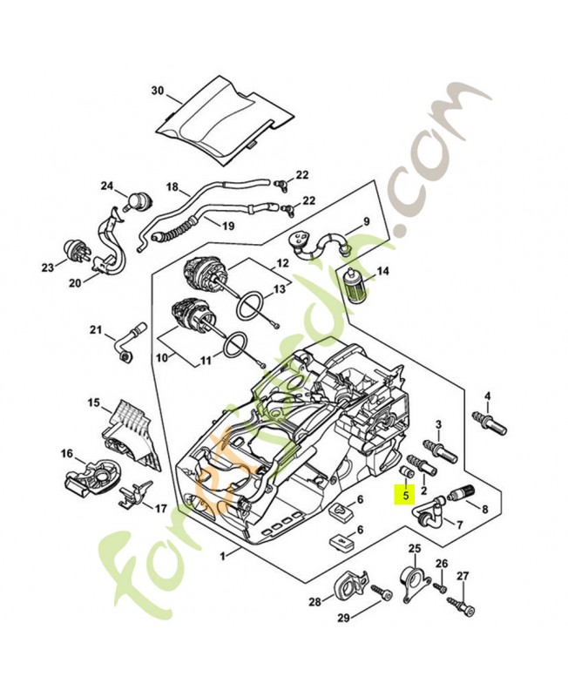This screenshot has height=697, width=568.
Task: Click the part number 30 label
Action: pos(157,91)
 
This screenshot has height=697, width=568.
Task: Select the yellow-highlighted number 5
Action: pos(405,494)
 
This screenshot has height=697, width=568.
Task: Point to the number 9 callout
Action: pos(367,220)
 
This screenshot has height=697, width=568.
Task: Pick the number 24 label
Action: pos(107,186)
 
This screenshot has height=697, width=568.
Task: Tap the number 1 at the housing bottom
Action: pos(223,554)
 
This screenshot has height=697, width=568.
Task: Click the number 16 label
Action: pos(67,453)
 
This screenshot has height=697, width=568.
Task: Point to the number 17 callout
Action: pos(161,508)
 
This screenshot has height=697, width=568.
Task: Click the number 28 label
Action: pos(314,601)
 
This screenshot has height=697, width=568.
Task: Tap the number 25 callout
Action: pos(414,548)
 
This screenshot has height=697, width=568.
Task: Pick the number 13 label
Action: pos(280,288)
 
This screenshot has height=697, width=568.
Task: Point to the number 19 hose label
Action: pos(227,226)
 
